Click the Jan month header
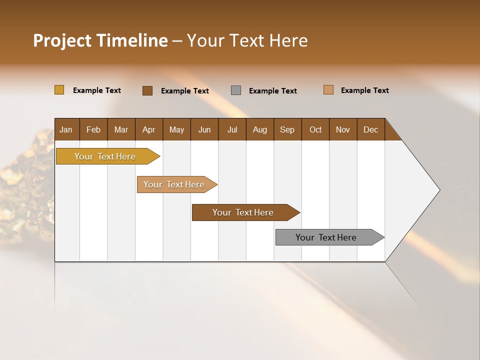66,129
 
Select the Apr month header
148,129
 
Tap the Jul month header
232,129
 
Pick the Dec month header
370,129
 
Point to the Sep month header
287,129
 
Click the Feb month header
93,129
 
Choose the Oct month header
315,129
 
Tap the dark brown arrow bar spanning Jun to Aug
243,212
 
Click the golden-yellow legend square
59,90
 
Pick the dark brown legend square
147,90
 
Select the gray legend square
236,90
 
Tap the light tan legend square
328,90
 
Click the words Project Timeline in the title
100,40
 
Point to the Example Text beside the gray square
272,91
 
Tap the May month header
176,129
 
